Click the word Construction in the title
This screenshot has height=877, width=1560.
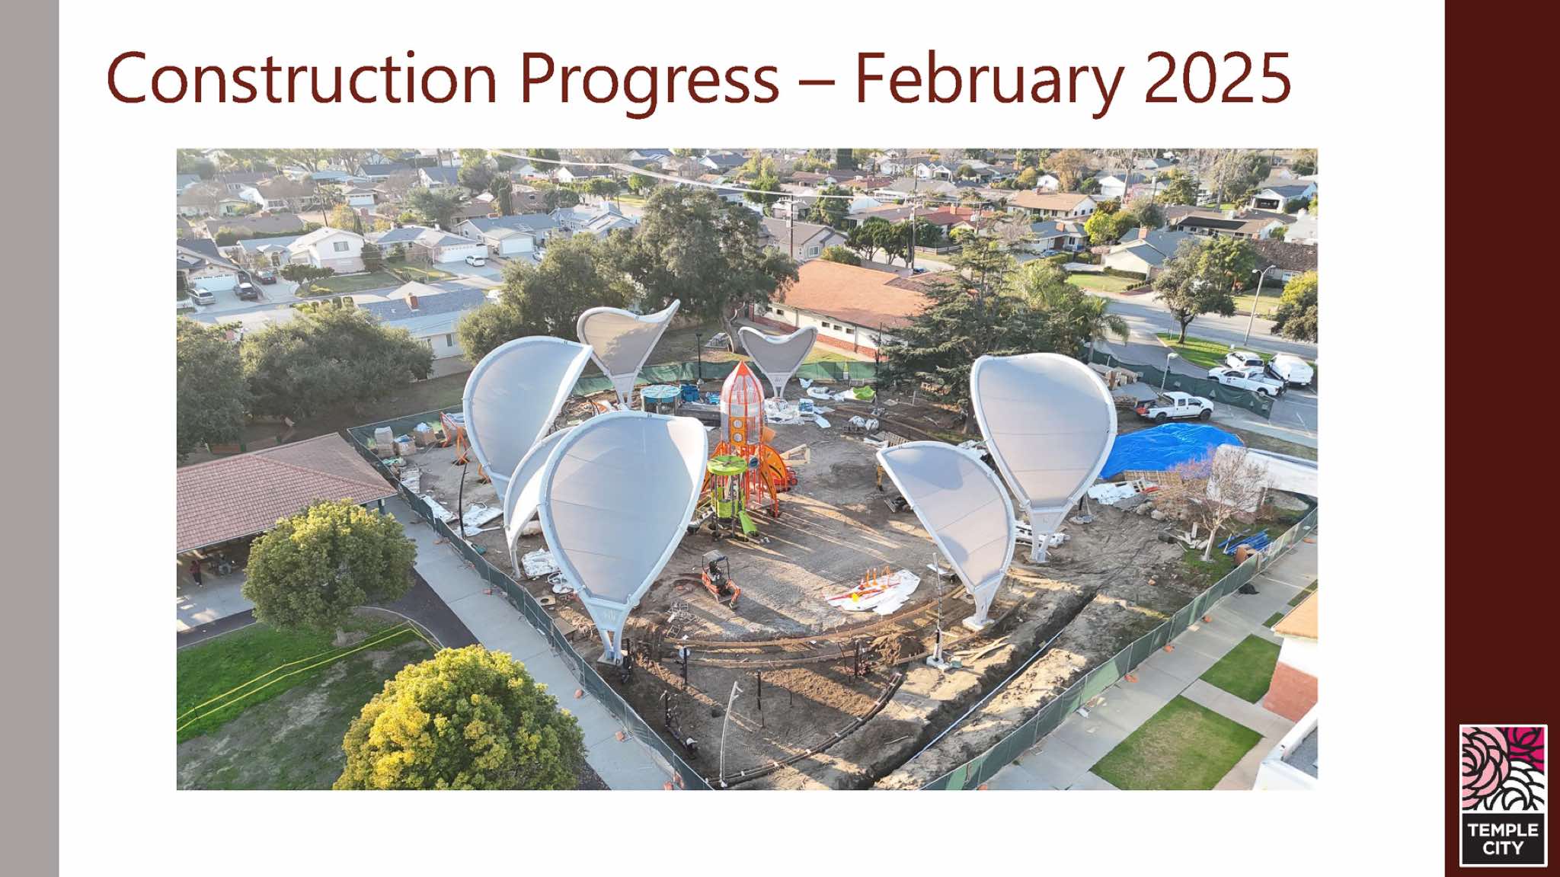pyautogui.click(x=302, y=78)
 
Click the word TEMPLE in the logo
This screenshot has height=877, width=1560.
pyautogui.click(x=1503, y=830)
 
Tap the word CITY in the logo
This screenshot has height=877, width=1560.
pyautogui.click(x=1503, y=848)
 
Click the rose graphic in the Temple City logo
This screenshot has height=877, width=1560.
pyautogui.click(x=1503, y=770)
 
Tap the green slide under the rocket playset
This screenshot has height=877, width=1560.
pyautogui.click(x=746, y=523)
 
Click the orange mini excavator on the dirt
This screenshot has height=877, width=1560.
pyautogui.click(x=719, y=577)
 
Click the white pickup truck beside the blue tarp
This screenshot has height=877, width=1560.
pyautogui.click(x=1175, y=407)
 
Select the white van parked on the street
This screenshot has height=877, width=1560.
pyautogui.click(x=1290, y=369)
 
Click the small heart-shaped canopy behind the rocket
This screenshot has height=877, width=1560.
pyautogui.click(x=777, y=354)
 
